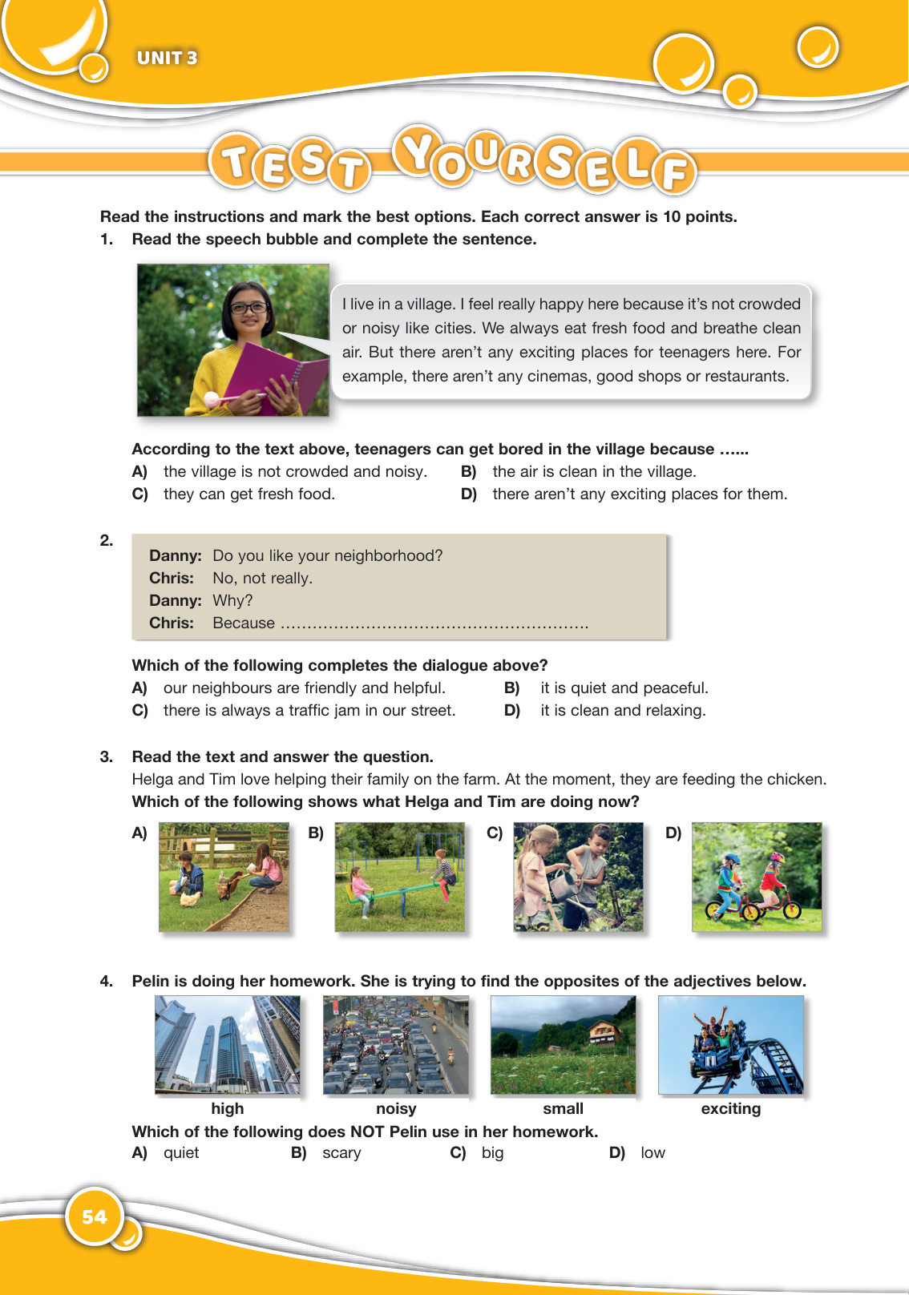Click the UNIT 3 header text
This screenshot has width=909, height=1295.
tap(167, 58)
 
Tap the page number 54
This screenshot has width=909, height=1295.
tap(94, 1217)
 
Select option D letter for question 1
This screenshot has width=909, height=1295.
tap(468, 494)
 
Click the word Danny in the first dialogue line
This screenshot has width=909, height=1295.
tap(175, 556)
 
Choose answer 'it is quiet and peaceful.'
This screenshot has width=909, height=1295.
tap(624, 688)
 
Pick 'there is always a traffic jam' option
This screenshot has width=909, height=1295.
tap(309, 711)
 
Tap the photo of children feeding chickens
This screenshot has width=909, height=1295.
tap(224, 877)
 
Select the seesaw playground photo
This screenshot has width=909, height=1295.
tap(399, 877)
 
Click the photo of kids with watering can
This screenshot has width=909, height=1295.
tap(578, 877)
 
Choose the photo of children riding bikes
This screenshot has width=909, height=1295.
tap(757, 877)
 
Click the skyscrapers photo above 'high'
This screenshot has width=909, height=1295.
tap(228, 1045)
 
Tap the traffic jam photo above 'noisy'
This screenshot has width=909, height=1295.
tap(395, 1045)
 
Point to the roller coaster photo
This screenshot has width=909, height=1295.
tap(730, 1045)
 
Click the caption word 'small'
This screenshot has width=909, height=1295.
tap(563, 1109)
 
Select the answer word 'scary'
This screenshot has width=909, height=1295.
tap(341, 1153)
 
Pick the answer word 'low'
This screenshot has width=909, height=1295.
tap(652, 1153)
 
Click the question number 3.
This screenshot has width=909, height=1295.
tap(106, 757)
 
